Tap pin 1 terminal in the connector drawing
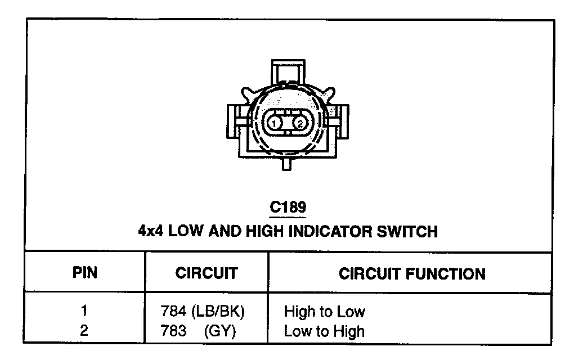(x=273, y=123)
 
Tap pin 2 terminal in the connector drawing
(x=301, y=123)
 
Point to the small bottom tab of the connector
(x=288, y=164)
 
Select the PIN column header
(x=85, y=273)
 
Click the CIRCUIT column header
(x=206, y=274)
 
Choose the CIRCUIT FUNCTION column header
(x=411, y=274)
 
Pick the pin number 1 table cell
(x=84, y=310)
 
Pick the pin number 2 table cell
(x=84, y=331)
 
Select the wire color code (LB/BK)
(x=219, y=311)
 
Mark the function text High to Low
(x=324, y=311)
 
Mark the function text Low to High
(x=324, y=331)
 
